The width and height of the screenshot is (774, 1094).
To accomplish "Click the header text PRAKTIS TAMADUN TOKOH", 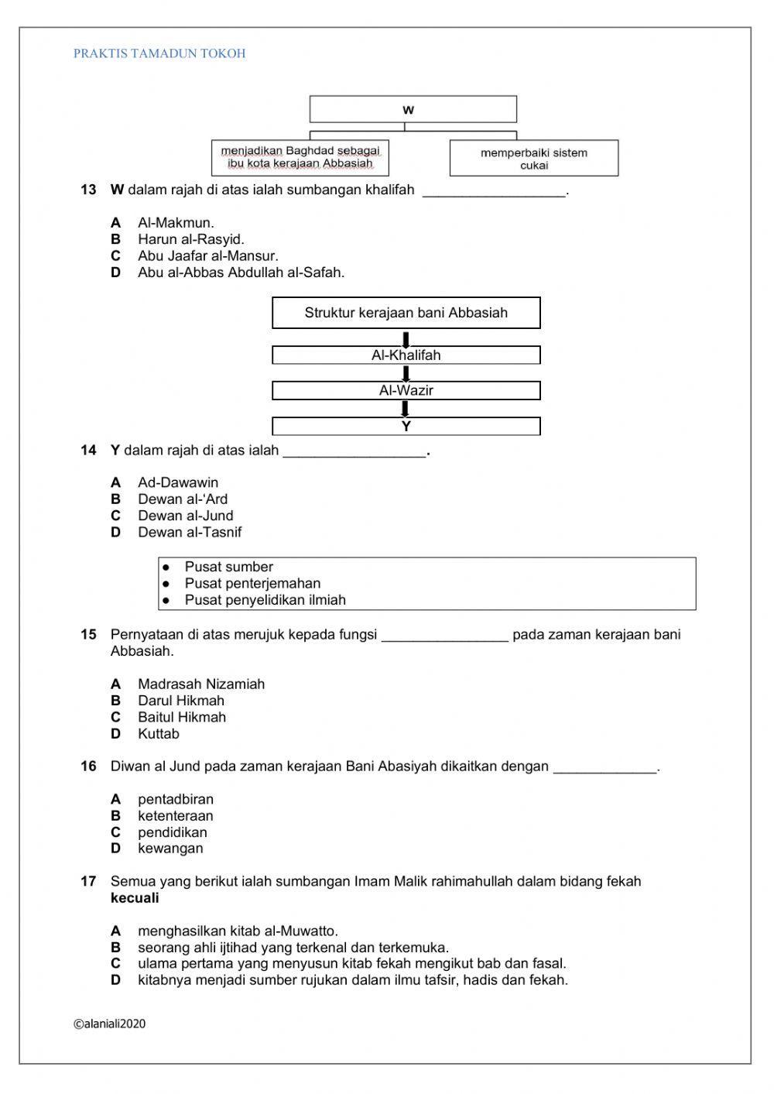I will (159, 53).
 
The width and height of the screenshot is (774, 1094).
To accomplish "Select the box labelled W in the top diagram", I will (413, 109).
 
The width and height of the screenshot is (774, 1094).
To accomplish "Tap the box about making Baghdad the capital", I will (300, 158).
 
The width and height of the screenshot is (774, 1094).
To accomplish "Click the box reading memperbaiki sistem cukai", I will (534, 159).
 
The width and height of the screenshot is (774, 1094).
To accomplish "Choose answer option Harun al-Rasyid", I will (190, 239).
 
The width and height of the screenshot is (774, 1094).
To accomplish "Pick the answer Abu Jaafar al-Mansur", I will (207, 255).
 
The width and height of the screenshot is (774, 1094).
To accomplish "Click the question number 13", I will (88, 190).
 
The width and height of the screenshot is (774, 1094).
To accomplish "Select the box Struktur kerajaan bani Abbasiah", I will (406, 313).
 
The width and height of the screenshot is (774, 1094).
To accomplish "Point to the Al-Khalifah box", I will (406, 355).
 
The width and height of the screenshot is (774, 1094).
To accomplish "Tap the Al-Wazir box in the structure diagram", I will (406, 390).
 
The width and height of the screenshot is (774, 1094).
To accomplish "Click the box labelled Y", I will (406, 426).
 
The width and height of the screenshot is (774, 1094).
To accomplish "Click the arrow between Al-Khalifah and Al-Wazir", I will (406, 373).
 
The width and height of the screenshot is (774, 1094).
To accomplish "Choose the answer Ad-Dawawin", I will (178, 482).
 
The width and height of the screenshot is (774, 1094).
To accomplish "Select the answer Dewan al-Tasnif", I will (190, 532).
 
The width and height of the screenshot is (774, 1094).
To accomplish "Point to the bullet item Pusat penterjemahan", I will (252, 584).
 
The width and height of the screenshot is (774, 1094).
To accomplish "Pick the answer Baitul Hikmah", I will (182, 717).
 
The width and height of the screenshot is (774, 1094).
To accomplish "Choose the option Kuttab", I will (158, 733).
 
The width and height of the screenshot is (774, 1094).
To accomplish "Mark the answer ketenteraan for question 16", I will (175, 815).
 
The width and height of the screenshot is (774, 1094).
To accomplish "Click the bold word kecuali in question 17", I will (135, 898).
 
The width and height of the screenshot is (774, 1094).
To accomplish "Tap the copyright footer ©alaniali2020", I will (109, 1024).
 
